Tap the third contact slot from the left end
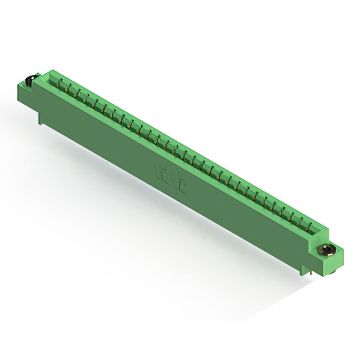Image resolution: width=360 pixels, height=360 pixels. [x=80, y=94]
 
